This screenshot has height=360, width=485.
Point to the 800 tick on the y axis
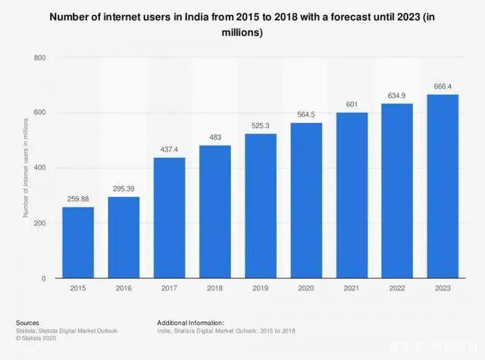(x=39, y=58)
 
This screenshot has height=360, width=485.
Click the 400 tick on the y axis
(x=39, y=168)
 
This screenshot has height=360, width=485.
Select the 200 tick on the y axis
(x=39, y=224)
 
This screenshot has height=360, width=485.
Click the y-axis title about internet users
(x=25, y=168)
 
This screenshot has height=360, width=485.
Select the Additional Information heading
(x=190, y=322)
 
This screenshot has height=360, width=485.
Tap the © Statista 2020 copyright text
(x=36, y=337)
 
